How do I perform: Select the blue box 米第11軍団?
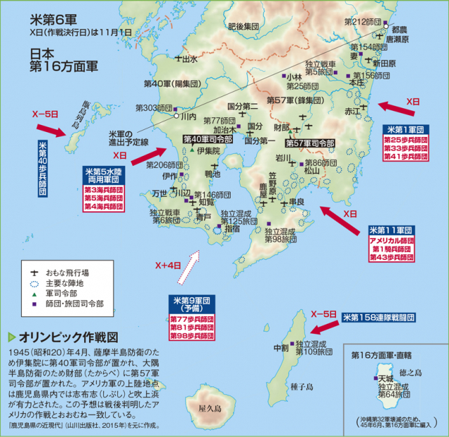coord(391,230)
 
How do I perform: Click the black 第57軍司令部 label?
coord(309,143)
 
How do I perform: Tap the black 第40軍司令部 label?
coord(208,139)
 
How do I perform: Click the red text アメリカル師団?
coord(391,240)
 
